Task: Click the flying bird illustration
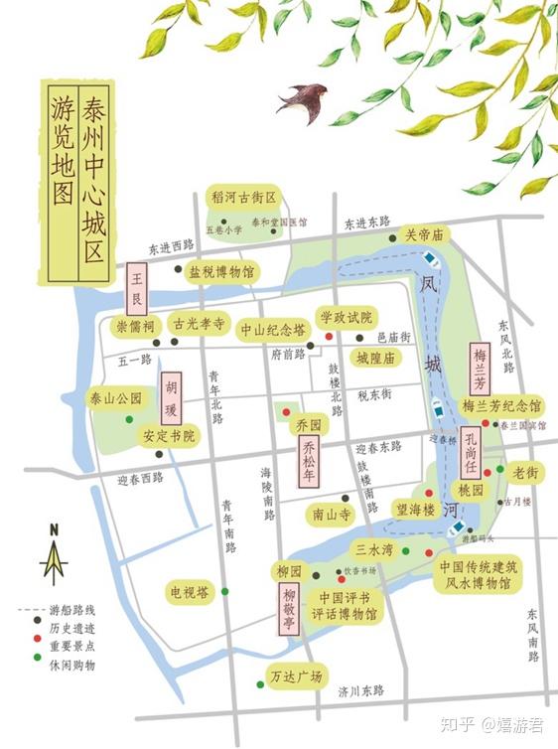304,101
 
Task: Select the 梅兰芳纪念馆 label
502,406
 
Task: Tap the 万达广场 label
297,677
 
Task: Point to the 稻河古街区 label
242,199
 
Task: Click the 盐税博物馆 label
221,270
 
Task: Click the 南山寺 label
332,515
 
